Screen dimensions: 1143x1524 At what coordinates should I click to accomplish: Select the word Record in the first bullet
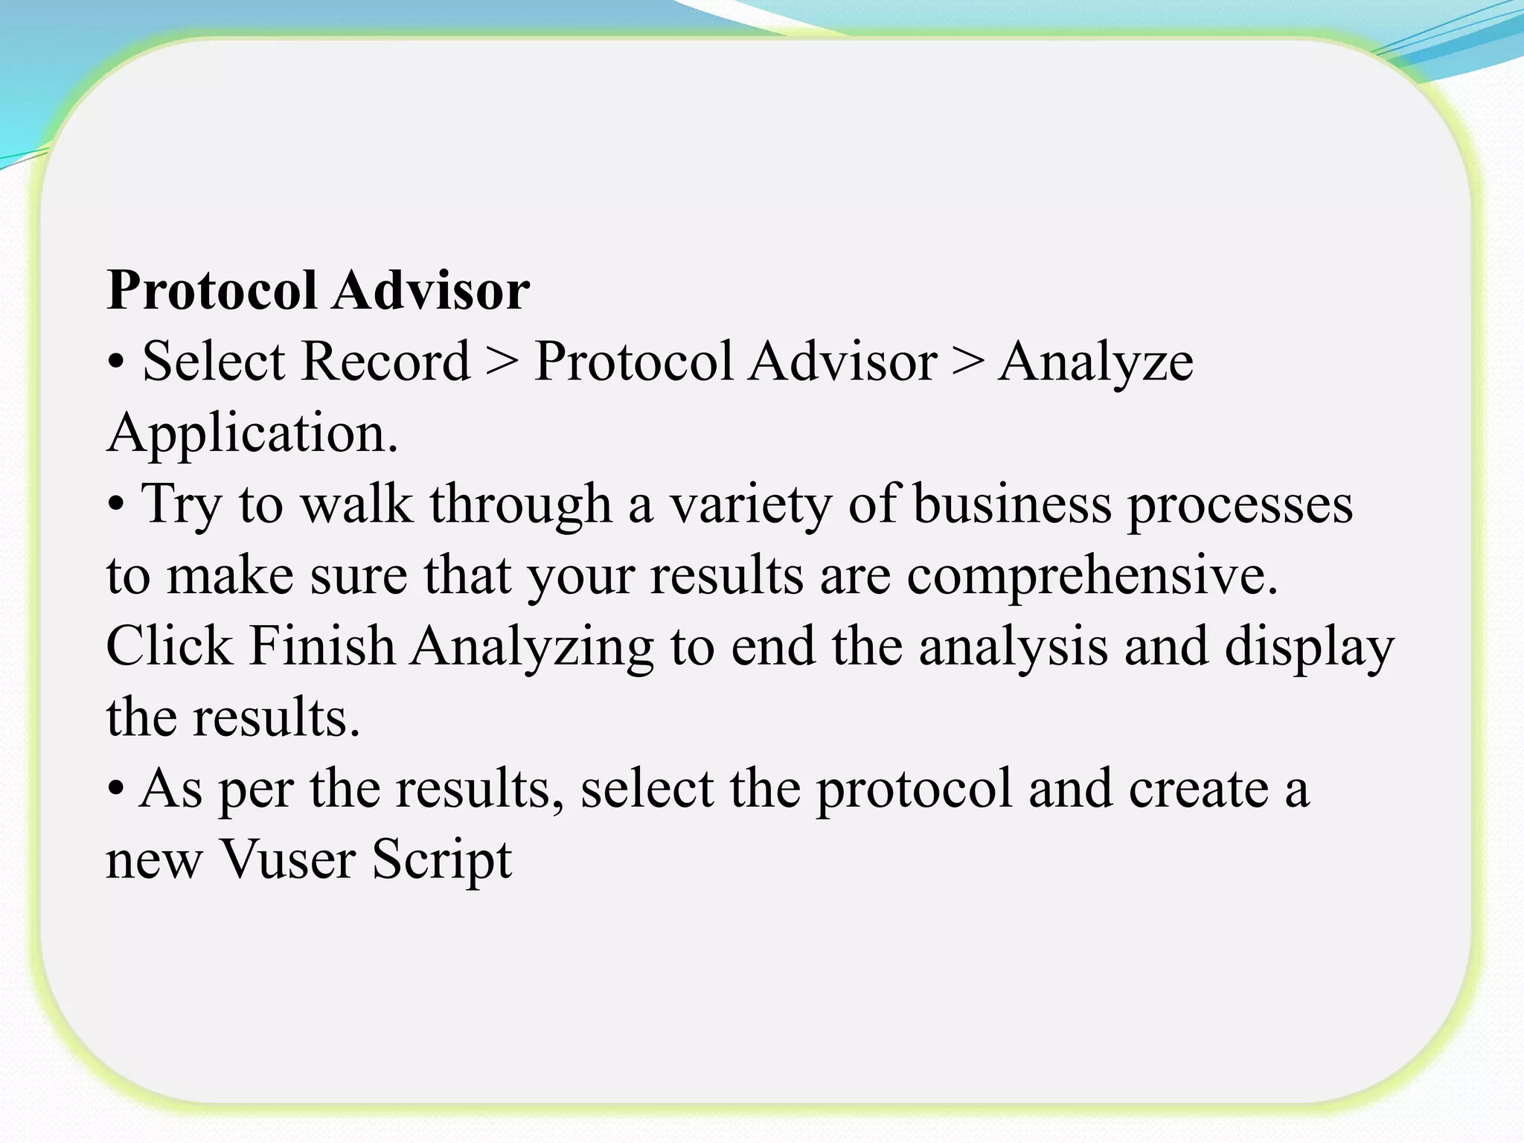387,362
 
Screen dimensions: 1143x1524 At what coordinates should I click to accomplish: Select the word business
1013,504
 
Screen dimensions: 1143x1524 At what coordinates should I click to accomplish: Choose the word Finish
321,646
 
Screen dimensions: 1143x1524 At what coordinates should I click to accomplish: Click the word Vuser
288,859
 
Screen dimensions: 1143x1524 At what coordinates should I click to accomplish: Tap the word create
1198,790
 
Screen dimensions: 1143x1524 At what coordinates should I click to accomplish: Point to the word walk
356,505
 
